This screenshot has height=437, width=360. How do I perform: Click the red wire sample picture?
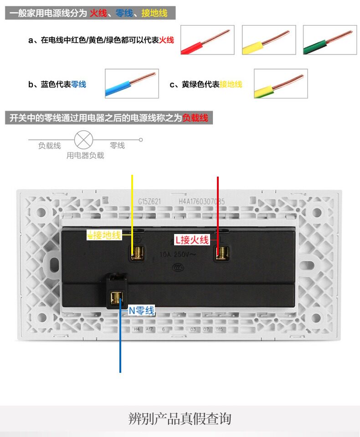(207, 40)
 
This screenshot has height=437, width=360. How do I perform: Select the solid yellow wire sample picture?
(268, 40)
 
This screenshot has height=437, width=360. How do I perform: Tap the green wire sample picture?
(329, 40)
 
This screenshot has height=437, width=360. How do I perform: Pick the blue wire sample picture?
(132, 84)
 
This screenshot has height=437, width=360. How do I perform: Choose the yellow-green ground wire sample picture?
(281, 84)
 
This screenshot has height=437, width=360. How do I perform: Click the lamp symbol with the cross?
(82, 140)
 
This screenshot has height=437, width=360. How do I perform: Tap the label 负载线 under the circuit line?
(49, 146)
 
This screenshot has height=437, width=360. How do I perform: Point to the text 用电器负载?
(85, 156)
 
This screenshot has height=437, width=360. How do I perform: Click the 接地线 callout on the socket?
(104, 235)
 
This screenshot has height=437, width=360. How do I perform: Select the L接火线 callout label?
(192, 239)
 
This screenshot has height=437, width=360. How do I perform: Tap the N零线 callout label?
(141, 311)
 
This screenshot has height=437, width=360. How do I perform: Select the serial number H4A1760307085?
(201, 201)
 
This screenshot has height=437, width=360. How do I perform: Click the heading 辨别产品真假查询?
(180, 418)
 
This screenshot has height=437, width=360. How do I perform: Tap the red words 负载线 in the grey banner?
(195, 118)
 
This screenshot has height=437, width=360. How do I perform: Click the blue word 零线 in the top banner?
(124, 13)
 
